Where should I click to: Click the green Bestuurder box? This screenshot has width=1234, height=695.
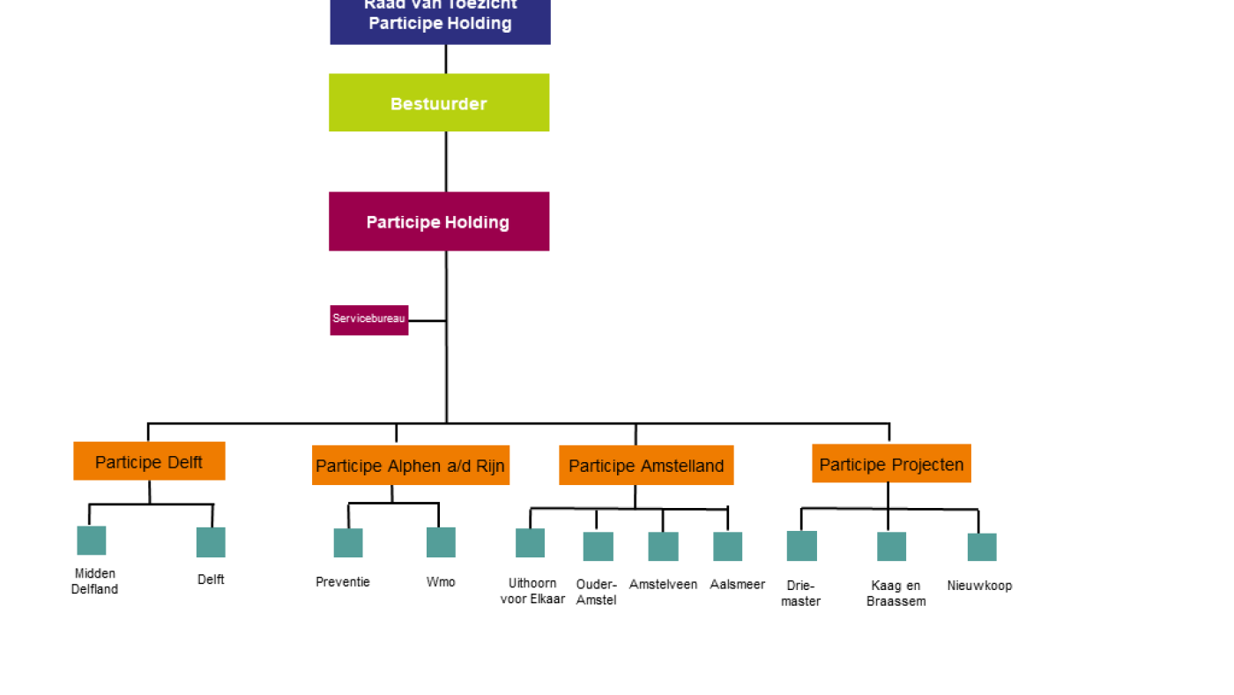pos(439,103)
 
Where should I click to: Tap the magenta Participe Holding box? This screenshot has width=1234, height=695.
pos(439,221)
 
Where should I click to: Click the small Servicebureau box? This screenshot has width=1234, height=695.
pos(369,319)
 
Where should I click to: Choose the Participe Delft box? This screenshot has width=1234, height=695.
pos(149,461)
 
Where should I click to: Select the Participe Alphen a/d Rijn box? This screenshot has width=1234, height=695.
pos(410,466)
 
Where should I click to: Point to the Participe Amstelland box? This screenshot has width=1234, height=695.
pos(646,466)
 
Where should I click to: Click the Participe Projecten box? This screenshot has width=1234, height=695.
pos(891,464)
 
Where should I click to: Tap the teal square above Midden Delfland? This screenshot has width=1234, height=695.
pos(92,541)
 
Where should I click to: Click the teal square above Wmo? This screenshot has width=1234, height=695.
pos(441,542)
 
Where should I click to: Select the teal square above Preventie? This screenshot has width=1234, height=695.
pos(348,543)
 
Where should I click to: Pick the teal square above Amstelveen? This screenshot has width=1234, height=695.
pos(663,547)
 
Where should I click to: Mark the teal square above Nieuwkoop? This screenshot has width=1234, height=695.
pos(982,548)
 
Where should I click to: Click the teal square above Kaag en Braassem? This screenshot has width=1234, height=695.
pos(891,547)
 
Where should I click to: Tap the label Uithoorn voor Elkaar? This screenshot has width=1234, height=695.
pos(532,591)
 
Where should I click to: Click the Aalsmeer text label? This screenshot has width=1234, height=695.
pos(737,585)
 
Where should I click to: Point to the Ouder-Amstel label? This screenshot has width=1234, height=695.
pos(596,593)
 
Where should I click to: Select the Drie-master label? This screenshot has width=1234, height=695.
pos(800,594)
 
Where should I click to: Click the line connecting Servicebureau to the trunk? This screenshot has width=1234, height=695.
pos(427,321)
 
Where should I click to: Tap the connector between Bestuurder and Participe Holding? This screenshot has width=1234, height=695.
pos(446,161)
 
